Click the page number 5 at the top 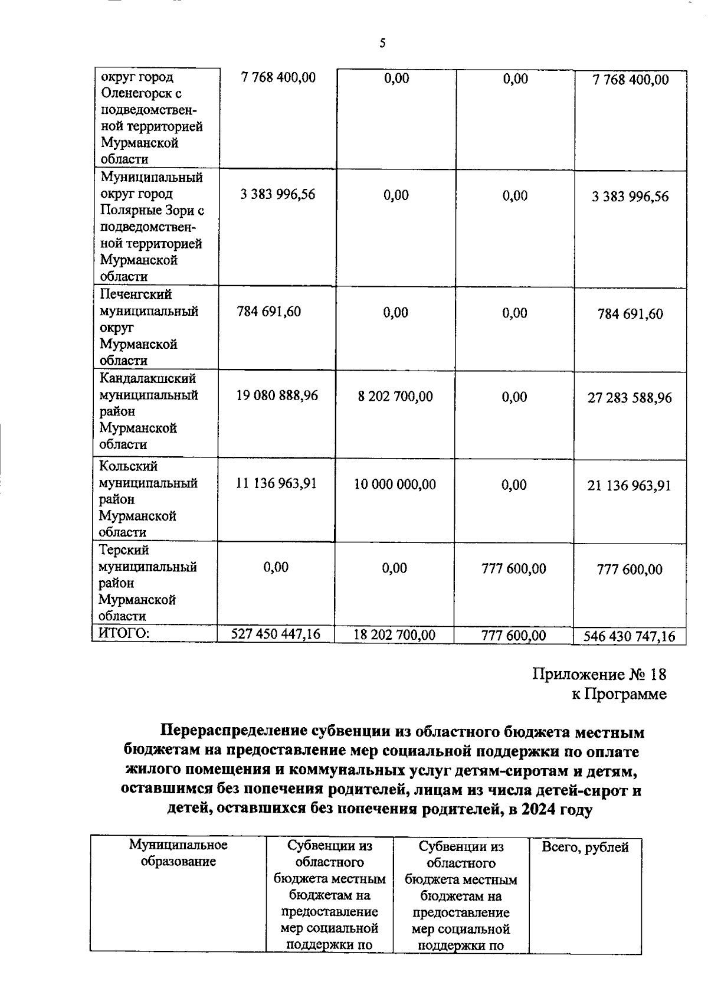click(382, 43)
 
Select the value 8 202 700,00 click(395, 396)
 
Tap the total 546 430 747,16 click(629, 636)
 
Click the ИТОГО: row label click(123, 633)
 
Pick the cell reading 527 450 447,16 click(276, 634)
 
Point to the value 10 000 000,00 click(395, 485)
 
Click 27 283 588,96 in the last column click(629, 398)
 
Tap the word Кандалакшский click(147, 378)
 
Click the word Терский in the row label click(123, 550)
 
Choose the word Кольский click(128, 466)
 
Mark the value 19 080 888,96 click(277, 395)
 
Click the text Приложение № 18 click(599, 674)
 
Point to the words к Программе click(619, 694)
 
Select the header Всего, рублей click(585, 848)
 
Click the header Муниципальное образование click(178, 853)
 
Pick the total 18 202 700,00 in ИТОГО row click(394, 635)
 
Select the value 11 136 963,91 click(276, 483)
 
